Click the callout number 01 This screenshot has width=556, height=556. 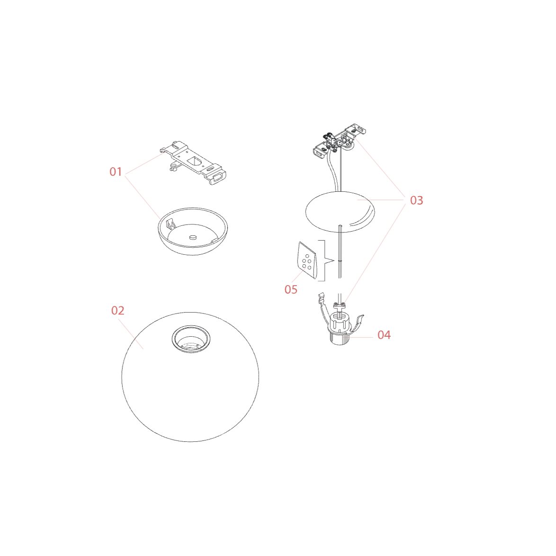click(116, 171)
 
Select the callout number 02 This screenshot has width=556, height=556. click(118, 311)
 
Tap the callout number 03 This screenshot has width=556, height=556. click(417, 200)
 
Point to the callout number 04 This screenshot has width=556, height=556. click(384, 335)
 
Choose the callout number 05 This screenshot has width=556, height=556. click(291, 289)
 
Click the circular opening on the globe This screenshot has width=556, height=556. click(191, 339)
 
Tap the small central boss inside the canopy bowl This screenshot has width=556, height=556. click(193, 237)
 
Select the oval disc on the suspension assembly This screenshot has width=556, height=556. click(340, 212)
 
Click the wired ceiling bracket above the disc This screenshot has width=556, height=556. click(340, 141)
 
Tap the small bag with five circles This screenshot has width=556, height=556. click(307, 260)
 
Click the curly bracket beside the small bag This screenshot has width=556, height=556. click(325, 260)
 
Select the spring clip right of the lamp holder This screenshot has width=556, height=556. click(358, 322)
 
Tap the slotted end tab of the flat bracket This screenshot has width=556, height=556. click(216, 177)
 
